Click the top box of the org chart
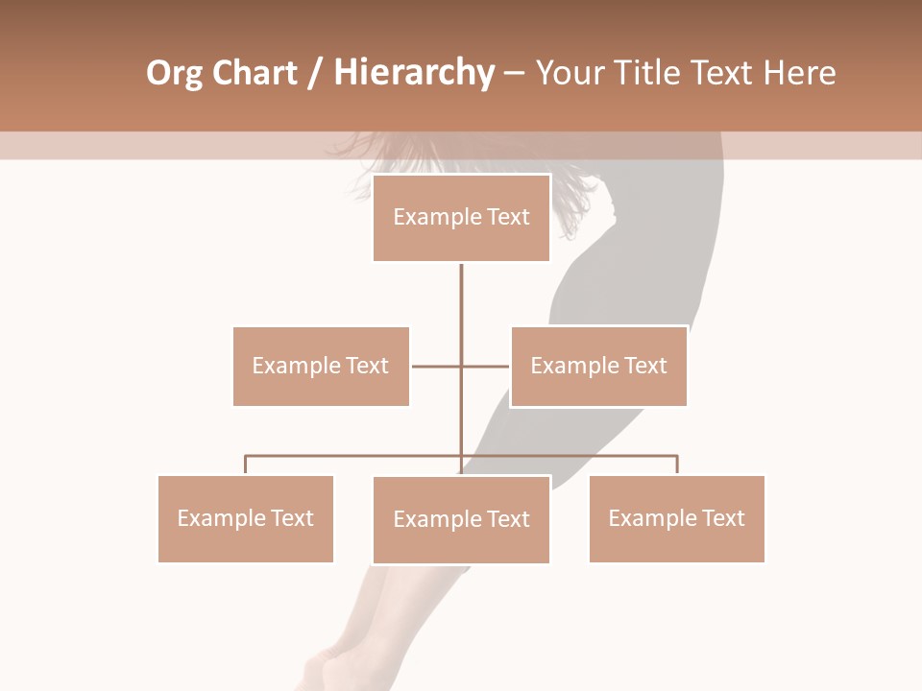pyautogui.click(x=461, y=218)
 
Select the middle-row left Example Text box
pyautogui.click(x=321, y=366)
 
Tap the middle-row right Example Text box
pyautogui.click(x=598, y=366)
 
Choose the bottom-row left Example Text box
pyautogui.click(x=245, y=518)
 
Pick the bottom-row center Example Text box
pyautogui.click(x=461, y=519)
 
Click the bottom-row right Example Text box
pyautogui.click(x=676, y=518)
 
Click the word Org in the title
pyautogui.click(x=174, y=74)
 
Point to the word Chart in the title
pyautogui.click(x=255, y=73)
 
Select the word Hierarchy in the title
pyautogui.click(x=414, y=73)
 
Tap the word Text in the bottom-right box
pyautogui.click(x=723, y=518)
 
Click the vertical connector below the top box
pyautogui.click(x=461, y=307)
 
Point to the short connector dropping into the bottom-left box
pyautogui.click(x=245, y=465)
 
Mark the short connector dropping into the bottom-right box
pyautogui.click(x=677, y=465)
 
